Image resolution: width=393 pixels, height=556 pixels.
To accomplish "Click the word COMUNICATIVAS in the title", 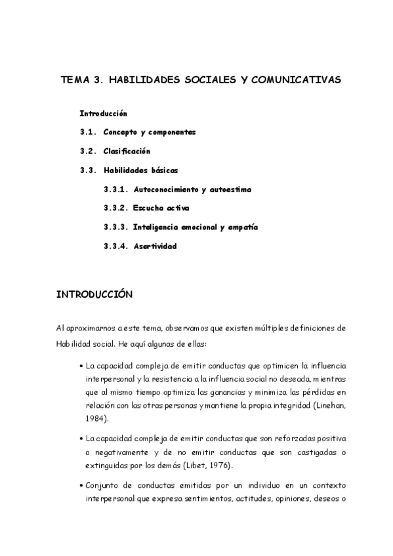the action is click(x=295, y=80).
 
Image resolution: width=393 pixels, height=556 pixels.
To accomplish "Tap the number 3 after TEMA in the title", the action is click(x=98, y=80).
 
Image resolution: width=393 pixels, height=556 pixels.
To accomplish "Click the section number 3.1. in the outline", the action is click(x=89, y=132).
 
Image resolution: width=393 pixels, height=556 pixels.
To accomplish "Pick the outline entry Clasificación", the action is click(x=131, y=151).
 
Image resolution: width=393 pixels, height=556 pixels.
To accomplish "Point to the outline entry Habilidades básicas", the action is click(x=140, y=170).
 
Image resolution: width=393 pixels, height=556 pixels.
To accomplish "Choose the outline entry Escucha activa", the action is click(x=161, y=208).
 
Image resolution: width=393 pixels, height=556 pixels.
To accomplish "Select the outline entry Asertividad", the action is click(x=155, y=247).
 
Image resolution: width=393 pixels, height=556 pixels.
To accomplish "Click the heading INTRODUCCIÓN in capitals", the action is click(x=94, y=295).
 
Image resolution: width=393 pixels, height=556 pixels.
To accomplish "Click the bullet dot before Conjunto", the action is click(x=80, y=486).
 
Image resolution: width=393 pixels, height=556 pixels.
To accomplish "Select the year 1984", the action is click(x=96, y=418).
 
